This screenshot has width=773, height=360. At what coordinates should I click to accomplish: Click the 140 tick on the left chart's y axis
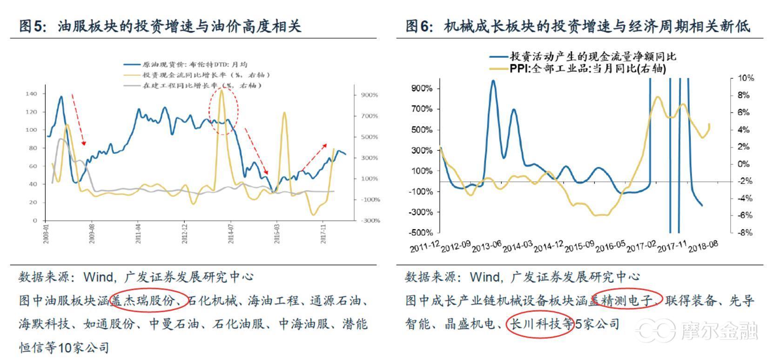31,94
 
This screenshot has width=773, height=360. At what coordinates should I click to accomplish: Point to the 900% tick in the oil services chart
369,95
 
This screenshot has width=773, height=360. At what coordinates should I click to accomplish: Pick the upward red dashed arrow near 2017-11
314,158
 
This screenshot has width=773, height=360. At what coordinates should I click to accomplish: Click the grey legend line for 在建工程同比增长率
132,86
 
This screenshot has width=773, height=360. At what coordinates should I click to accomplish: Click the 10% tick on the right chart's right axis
746,78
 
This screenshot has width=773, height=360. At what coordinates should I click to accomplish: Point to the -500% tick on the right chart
422,233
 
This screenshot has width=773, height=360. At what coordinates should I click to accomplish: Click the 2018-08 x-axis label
703,246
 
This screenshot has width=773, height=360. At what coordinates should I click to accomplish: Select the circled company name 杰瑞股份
148,301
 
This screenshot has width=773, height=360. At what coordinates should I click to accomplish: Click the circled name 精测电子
626,300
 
